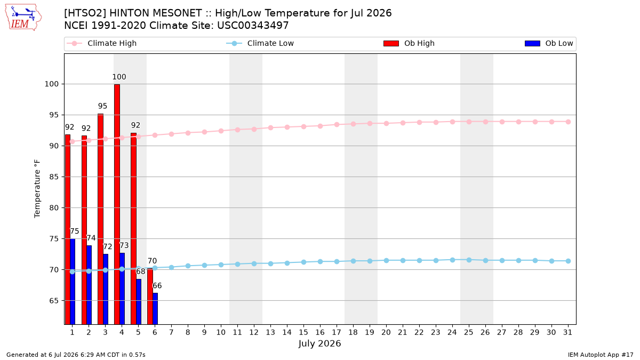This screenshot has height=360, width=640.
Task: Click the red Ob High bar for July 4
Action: [117, 204]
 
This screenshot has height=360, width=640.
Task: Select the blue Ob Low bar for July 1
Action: [73, 282]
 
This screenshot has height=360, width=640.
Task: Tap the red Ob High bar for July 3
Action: [101, 219]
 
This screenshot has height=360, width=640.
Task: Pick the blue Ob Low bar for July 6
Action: [155, 309]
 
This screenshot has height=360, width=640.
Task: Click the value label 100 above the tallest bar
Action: [119, 77]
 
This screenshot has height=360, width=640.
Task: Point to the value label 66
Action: [157, 286]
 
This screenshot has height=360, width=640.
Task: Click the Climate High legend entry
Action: [102, 43]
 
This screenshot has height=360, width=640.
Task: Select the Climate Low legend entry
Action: [260, 43]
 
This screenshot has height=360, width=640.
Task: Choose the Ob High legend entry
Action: [409, 43]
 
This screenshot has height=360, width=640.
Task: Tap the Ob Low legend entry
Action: [549, 43]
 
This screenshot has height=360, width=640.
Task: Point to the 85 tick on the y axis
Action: [52, 177]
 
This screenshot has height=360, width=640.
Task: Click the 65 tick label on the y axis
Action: [52, 301]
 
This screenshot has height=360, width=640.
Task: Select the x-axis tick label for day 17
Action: [337, 332]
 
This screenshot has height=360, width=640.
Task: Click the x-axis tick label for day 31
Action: [567, 332]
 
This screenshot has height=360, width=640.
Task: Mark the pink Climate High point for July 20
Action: [386, 123]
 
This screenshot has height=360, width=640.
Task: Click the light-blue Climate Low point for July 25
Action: [469, 260]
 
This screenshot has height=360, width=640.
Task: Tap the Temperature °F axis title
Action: [37, 189]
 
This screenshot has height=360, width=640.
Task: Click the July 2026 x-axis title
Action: [319, 343]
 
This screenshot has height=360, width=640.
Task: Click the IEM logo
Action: [23, 18]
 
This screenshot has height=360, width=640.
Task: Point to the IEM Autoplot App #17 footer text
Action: [601, 355]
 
